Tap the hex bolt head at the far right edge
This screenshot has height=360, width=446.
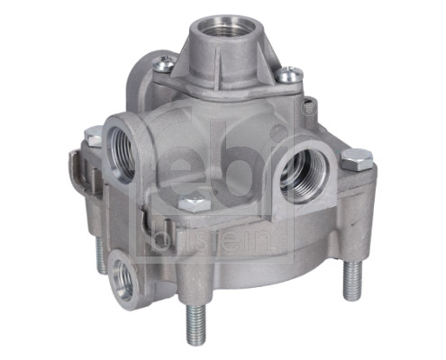click(357, 158)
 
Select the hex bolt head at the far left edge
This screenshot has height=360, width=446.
click(93, 136)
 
